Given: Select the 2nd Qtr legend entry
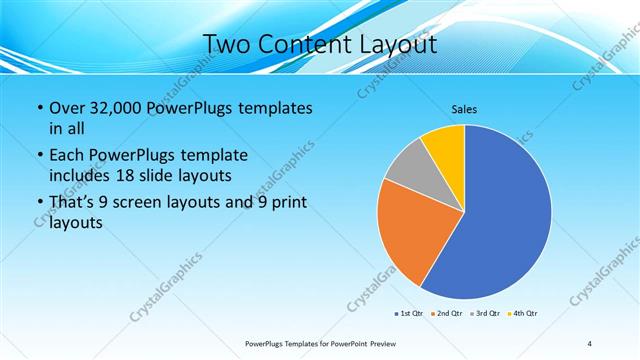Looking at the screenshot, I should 447,314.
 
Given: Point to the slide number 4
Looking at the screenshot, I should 590,344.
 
